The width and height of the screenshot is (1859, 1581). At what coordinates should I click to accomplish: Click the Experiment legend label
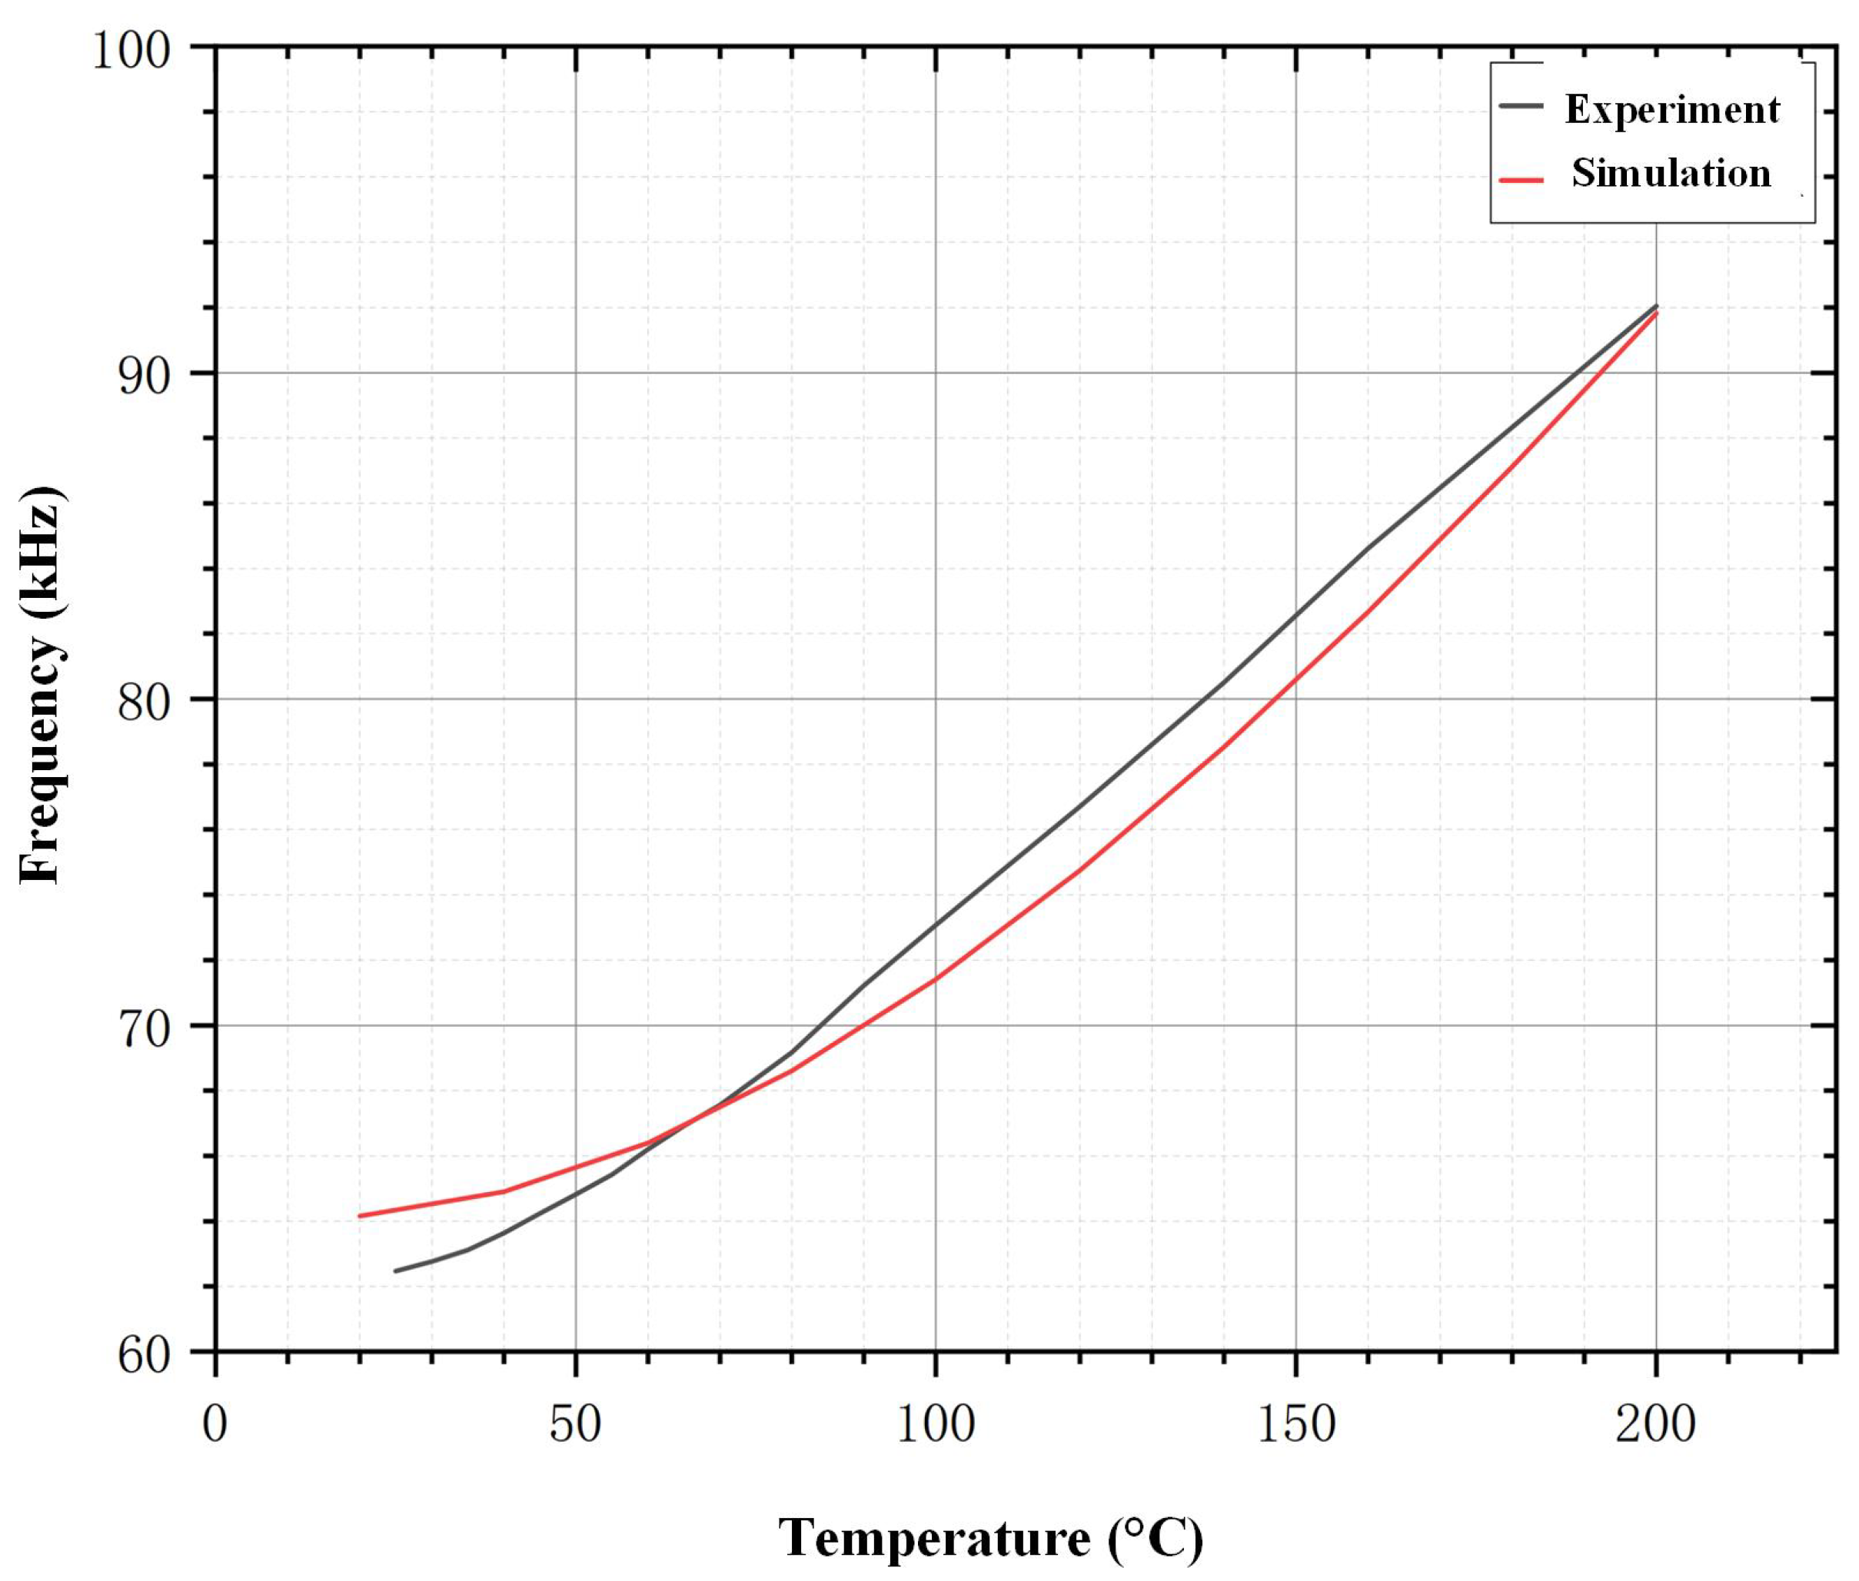click(x=1671, y=109)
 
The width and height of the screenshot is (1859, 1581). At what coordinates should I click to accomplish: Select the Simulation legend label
click(x=1671, y=173)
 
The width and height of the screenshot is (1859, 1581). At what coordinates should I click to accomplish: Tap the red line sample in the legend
click(x=1521, y=178)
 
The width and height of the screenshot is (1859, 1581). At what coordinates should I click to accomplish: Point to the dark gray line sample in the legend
click(x=1521, y=105)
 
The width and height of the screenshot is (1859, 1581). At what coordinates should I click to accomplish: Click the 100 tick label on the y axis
click(x=131, y=50)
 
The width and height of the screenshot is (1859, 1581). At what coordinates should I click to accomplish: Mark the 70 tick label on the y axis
click(x=144, y=1030)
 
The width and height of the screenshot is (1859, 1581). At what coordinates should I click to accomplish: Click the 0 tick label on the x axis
click(x=215, y=1423)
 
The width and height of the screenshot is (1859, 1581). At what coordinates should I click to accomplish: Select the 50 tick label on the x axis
click(x=574, y=1423)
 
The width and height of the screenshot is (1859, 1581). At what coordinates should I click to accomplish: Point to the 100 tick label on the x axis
click(x=935, y=1423)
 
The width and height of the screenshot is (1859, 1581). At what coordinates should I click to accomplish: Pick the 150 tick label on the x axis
click(x=1295, y=1423)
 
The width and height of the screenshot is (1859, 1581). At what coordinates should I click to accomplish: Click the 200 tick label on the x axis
click(x=1654, y=1423)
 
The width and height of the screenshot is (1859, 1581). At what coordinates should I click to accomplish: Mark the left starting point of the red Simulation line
click(x=360, y=1215)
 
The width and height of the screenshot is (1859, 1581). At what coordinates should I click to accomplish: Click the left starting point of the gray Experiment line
click(x=395, y=1271)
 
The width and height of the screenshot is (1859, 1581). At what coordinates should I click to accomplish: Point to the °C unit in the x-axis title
click(x=1156, y=1538)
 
